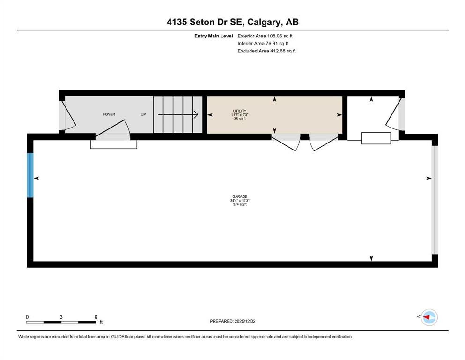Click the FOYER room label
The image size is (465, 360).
109,114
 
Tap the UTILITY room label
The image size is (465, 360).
240,111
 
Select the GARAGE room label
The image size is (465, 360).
240,196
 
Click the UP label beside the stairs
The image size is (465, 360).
143,114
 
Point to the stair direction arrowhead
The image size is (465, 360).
196,114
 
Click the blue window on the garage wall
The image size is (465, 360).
30,175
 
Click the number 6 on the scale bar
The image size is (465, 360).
96,317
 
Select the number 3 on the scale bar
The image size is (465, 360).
61,317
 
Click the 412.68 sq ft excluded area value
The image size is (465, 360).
283,51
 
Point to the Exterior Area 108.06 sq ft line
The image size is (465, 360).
265,36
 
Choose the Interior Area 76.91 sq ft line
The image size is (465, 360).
263,43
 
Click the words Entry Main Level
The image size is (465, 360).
214,36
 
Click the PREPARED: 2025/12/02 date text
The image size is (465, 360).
232,321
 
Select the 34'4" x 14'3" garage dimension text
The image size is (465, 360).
240,200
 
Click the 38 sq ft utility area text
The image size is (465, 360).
240,119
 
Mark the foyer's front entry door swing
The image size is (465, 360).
69,117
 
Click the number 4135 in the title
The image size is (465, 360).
177,22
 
